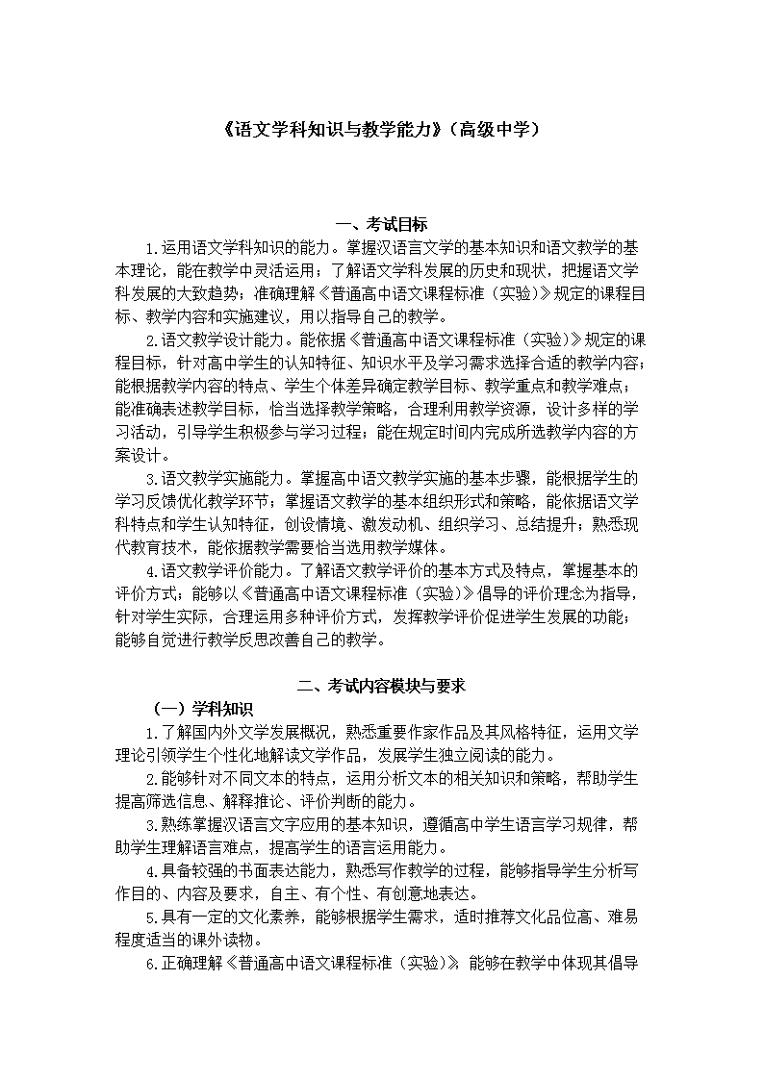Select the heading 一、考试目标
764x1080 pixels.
pos(381,225)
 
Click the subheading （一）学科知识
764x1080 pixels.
pos(202,709)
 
